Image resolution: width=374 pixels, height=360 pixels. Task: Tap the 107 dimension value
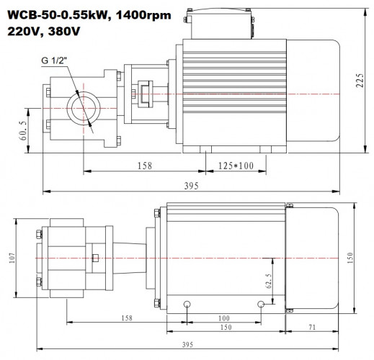click(13, 258)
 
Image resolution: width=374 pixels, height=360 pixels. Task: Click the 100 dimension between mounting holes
click(223, 318)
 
